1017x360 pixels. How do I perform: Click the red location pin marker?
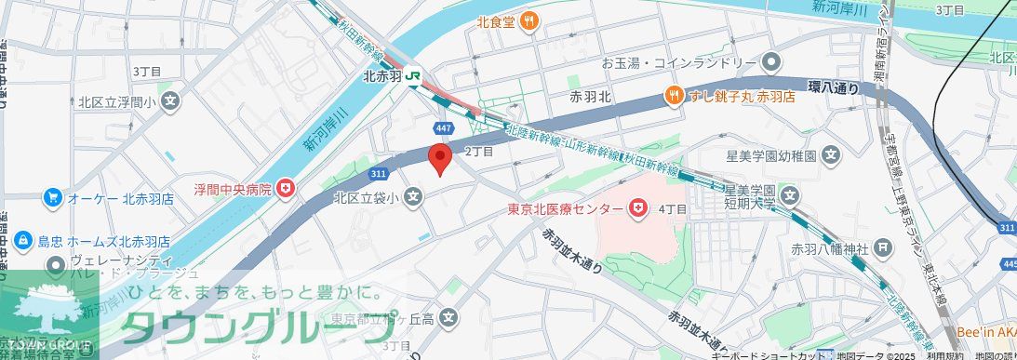(439, 157)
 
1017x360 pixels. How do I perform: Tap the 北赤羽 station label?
(381, 77)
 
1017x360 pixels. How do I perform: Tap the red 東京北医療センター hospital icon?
(638, 209)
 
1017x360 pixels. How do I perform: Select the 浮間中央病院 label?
(232, 190)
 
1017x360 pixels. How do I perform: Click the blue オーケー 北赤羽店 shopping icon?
(52, 198)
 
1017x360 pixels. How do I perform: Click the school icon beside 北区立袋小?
(414, 196)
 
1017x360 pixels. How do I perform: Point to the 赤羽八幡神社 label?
(829, 248)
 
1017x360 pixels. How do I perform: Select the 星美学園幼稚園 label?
(771, 153)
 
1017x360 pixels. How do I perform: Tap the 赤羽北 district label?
(590, 96)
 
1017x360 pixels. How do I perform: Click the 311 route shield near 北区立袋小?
(377, 174)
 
